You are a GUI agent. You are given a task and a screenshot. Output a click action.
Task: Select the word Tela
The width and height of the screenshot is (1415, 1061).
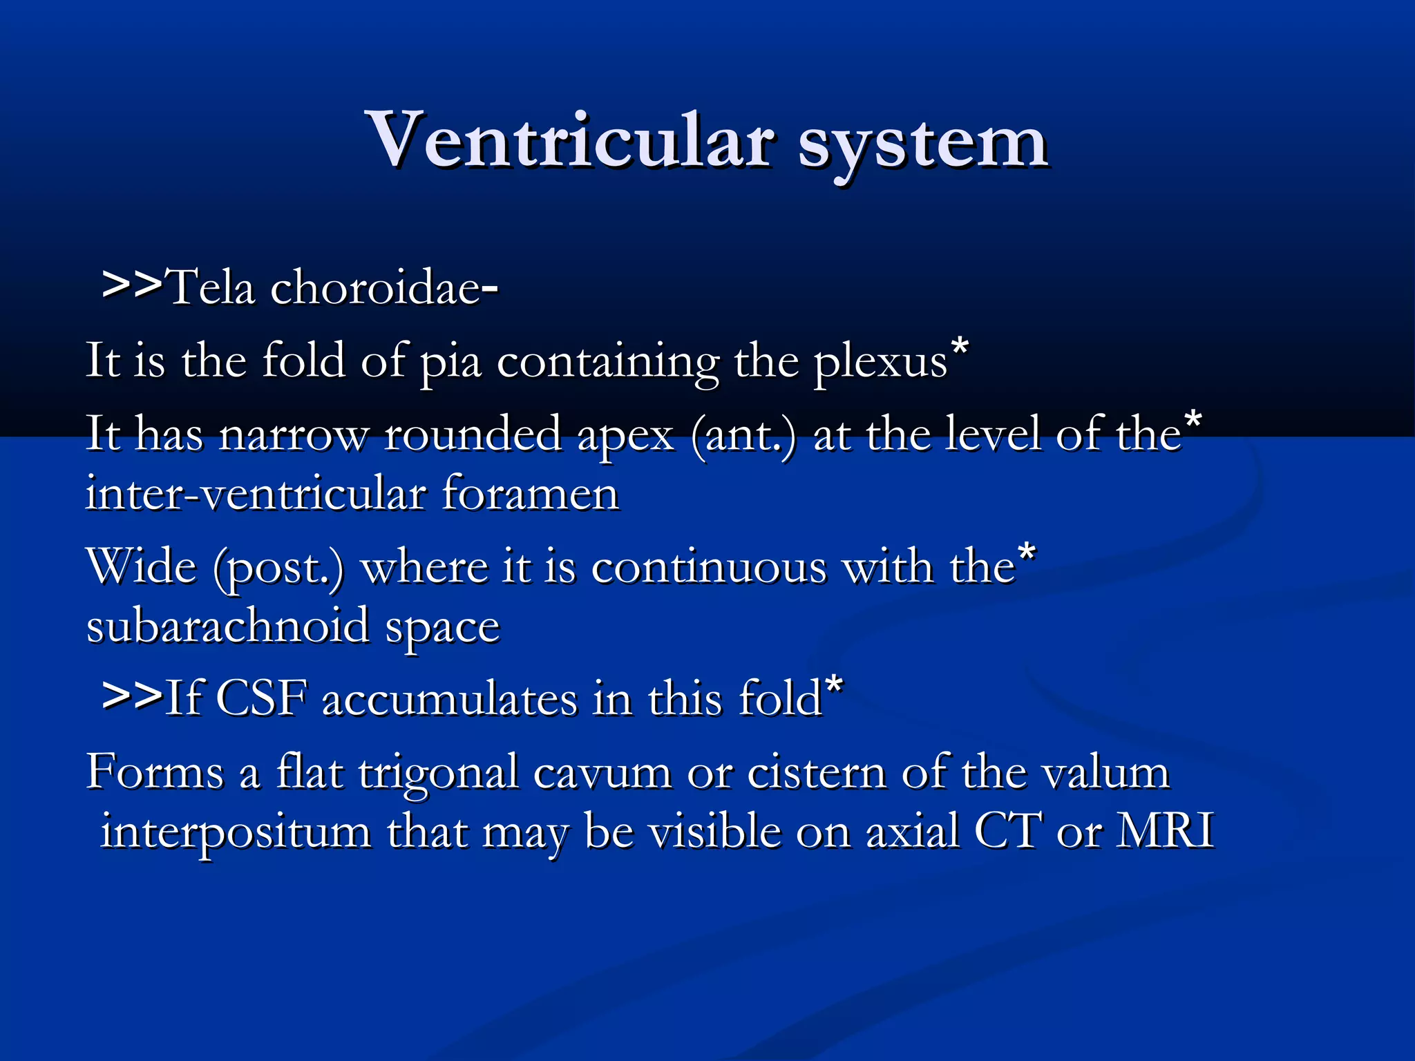click(x=211, y=287)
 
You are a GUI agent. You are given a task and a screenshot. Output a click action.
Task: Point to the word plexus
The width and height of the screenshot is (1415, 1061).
click(x=880, y=362)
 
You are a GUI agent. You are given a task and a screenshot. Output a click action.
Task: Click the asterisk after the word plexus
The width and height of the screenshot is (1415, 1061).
click(x=960, y=346)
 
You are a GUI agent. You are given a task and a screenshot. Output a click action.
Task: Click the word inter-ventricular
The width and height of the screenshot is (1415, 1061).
click(x=256, y=494)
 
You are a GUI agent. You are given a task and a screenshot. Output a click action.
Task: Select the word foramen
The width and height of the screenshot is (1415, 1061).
click(x=530, y=494)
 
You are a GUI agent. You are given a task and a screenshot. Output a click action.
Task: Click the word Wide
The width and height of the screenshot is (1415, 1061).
click(x=142, y=567)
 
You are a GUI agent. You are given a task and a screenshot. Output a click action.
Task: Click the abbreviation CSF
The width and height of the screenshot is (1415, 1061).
click(x=261, y=698)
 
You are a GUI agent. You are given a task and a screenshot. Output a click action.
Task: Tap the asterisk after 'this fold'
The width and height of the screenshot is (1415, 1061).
click(x=834, y=685)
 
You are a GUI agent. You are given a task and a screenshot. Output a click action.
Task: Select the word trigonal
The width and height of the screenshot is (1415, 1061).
click(x=439, y=773)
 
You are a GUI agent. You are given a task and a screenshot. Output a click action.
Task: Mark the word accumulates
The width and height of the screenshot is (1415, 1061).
click(x=449, y=699)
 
